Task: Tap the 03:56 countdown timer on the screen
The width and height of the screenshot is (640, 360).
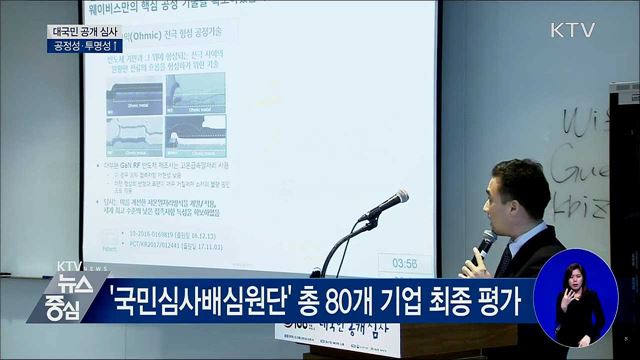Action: [x=405, y=264]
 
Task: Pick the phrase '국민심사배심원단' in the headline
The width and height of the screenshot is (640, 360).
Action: [x=195, y=302]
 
